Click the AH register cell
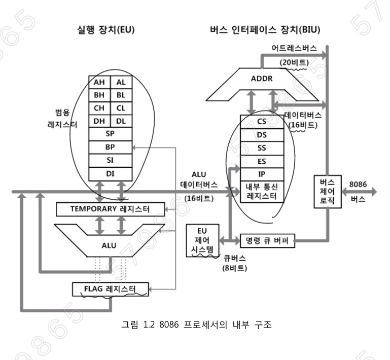coord(99,82)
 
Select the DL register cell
coord(120,121)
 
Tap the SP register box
coord(110,134)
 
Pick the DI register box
coord(110,173)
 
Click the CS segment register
coord(262,121)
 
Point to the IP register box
coord(262,173)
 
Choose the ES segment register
coord(262,161)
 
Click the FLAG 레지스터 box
coord(111,290)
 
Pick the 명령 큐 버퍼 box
coord(267,240)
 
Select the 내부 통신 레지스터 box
coord(262,190)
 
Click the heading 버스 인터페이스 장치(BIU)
coord(265,30)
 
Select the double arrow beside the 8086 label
coord(360,192)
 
